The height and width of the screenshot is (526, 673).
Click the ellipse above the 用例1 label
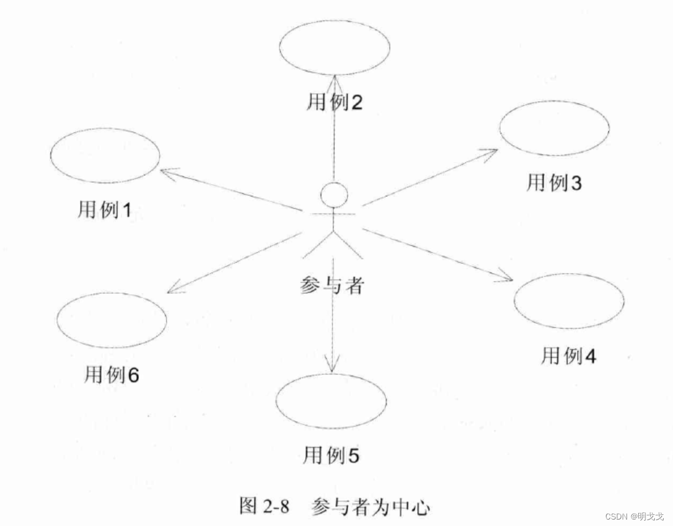coord(105,155)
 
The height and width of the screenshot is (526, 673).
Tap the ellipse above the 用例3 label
coord(554,128)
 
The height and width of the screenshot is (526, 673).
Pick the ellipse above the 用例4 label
coord(569,301)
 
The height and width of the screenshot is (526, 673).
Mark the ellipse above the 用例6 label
coord(112,320)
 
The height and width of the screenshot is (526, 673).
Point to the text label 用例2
coord(335,102)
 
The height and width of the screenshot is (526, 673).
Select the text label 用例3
coord(554,182)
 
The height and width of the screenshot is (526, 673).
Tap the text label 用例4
coord(569,356)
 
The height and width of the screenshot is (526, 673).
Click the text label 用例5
coord(331,455)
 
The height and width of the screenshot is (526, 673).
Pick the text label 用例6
coord(112,374)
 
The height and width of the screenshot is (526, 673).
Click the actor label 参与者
coord(332,286)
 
